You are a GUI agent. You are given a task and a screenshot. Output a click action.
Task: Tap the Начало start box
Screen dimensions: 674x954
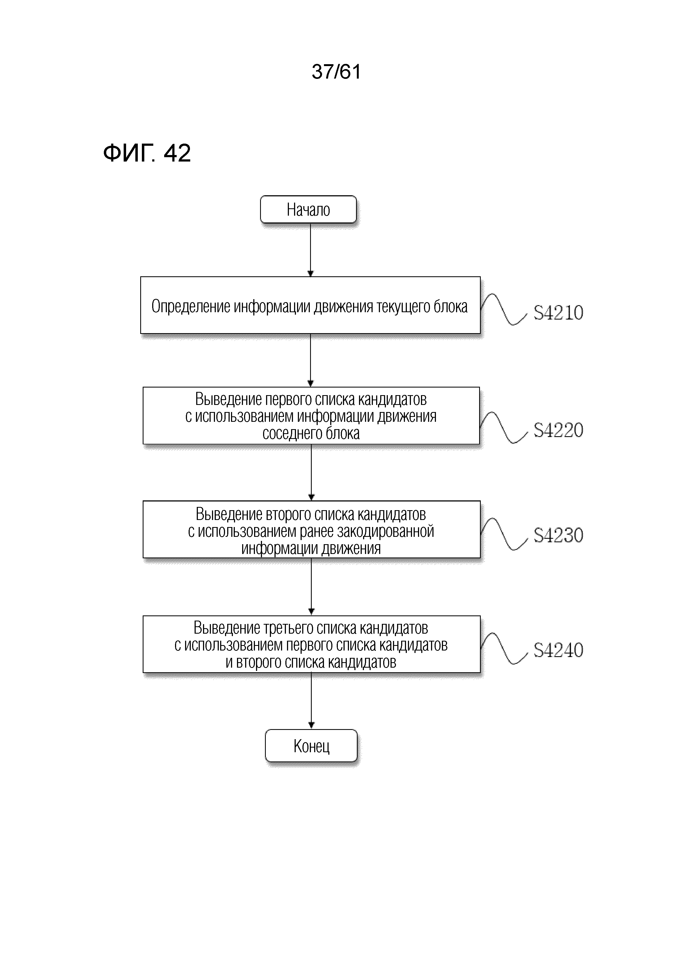308,209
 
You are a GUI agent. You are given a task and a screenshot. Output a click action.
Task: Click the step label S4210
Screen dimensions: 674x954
558,312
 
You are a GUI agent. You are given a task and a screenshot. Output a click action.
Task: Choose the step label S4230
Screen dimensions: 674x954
558,535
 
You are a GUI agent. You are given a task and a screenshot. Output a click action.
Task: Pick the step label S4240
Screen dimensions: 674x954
558,650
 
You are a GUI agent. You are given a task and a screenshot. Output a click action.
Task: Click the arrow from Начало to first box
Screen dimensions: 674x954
310,250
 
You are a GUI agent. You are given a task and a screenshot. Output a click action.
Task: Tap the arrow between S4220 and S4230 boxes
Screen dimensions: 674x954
311,472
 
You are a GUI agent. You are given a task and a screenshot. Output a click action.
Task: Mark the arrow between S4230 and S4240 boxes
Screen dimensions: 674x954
311,587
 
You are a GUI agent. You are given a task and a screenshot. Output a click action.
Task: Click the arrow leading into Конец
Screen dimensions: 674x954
311,701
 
